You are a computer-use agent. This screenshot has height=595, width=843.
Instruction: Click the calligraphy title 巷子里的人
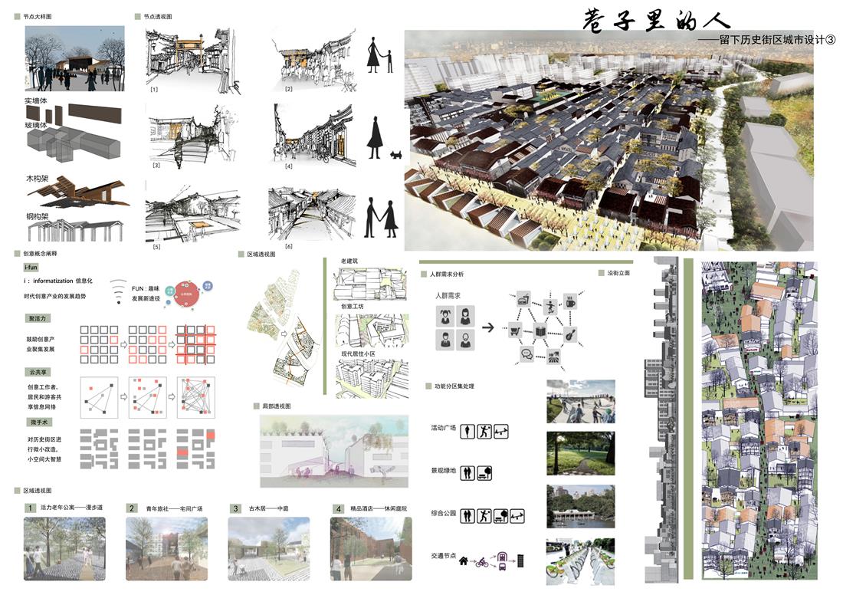coord(657,20)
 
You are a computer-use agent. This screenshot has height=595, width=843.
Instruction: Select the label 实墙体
coord(36,100)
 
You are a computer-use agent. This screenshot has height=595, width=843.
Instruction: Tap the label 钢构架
coord(36,217)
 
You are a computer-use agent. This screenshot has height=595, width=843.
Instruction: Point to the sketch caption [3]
coord(155,165)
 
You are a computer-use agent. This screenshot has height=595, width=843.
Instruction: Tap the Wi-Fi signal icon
coord(118,292)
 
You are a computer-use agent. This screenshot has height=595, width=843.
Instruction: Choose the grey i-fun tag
coord(31,267)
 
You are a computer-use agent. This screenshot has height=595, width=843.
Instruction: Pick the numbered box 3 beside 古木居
coord(235,508)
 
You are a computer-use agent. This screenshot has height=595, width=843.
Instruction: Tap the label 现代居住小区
coord(361,353)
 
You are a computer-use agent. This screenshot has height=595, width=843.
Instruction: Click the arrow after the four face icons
coord(487,327)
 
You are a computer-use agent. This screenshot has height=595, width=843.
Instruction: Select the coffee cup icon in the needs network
coord(570,303)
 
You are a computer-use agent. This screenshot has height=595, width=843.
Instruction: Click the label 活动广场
coord(444,431)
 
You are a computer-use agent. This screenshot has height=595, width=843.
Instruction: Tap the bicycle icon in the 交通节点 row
coord(481,562)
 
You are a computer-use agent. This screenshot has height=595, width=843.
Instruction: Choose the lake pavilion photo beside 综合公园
coord(580,506)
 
